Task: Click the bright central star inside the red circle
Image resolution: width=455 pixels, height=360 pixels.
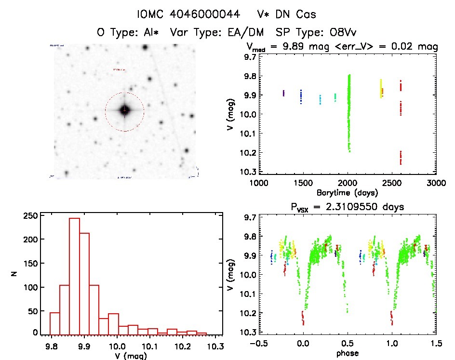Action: [x=124, y=110]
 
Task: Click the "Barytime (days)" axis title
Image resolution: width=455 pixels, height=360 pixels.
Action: [x=347, y=193]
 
